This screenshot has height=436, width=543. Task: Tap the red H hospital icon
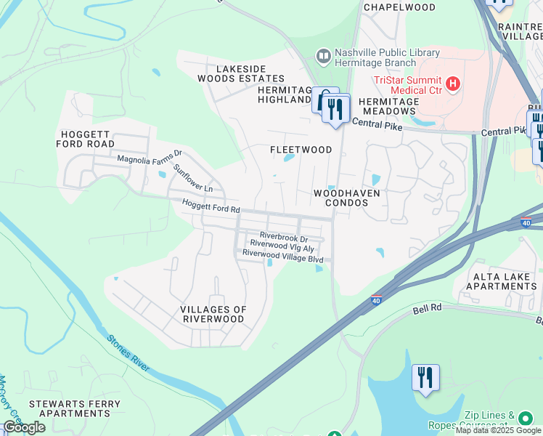tap(454, 84)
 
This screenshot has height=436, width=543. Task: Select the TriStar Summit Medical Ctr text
tap(408, 84)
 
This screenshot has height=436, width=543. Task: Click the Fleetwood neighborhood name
tap(301, 150)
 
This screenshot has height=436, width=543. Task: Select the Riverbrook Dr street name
tap(284, 237)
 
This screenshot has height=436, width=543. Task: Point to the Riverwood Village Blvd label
tap(282, 254)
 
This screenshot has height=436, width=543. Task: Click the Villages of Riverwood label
tap(213, 314)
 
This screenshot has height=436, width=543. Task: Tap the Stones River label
tap(128, 353)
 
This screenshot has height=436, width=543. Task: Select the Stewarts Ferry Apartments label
tap(69, 408)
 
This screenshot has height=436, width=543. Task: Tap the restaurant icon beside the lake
tap(425, 378)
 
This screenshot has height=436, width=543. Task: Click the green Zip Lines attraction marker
tap(525, 418)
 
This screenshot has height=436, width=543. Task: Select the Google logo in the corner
tap(23, 427)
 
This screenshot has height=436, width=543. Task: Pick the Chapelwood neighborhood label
tap(399, 7)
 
